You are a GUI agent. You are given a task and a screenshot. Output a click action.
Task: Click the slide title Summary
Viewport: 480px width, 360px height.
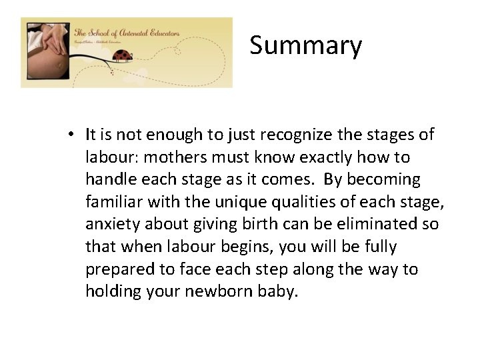(306, 46)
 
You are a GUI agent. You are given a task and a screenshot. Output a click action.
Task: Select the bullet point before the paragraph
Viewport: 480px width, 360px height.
(70, 135)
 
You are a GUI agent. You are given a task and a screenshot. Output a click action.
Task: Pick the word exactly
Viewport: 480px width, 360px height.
(336, 157)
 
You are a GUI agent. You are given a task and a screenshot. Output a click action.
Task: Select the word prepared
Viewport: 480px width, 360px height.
(117, 269)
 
